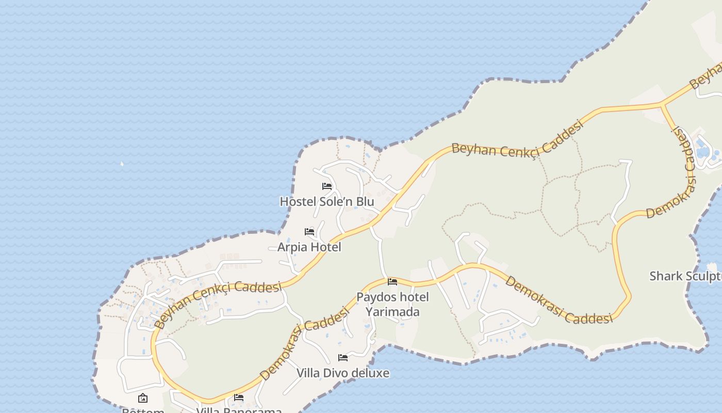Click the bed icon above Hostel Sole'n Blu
327,186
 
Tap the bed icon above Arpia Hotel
309,232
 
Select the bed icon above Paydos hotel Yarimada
392,282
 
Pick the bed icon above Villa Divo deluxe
343,358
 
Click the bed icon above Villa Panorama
239,398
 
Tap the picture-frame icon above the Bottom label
143,398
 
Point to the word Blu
365,201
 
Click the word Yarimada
392,312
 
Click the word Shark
665,276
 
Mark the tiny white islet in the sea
122,164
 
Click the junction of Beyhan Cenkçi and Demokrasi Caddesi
662,105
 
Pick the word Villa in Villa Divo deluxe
308,373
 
